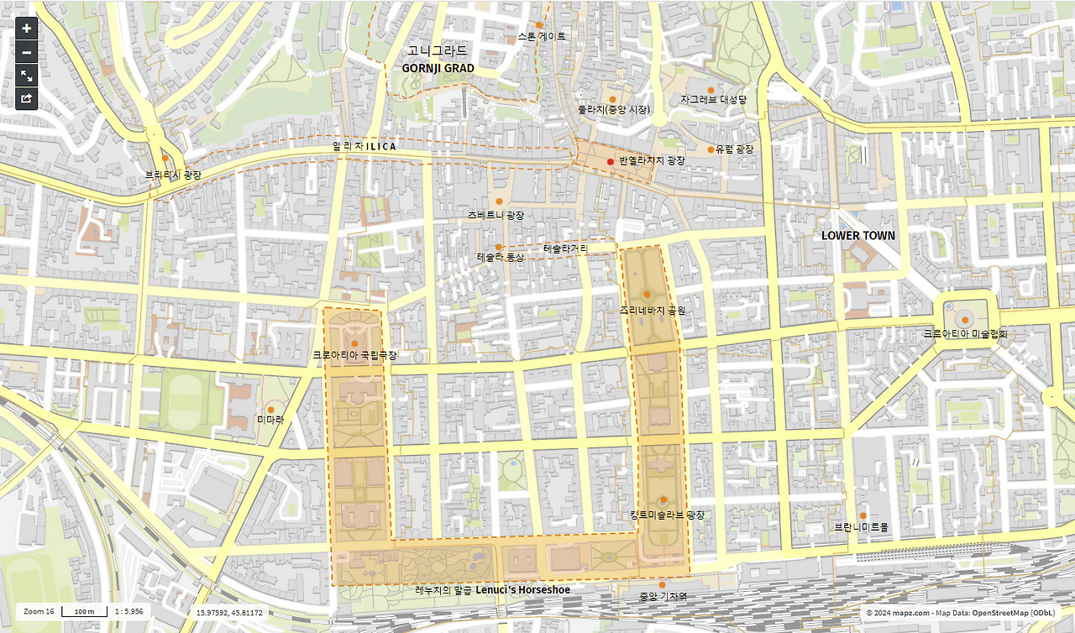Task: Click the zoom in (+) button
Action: (27, 29)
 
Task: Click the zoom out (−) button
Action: (27, 52)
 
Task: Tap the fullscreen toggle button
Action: (27, 76)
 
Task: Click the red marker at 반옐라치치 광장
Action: (611, 161)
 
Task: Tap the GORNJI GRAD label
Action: (438, 68)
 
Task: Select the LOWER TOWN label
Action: (857, 236)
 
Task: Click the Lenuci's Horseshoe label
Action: (522, 590)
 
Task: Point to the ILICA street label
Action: (380, 147)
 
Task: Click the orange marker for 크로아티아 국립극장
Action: (355, 343)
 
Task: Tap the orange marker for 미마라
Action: (270, 410)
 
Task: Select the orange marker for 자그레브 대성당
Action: (711, 90)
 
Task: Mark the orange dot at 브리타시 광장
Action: (165, 158)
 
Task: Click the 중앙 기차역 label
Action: (663, 597)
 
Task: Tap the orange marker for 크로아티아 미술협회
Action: (966, 321)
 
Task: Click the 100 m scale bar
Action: (84, 611)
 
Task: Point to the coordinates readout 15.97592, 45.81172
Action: (229, 613)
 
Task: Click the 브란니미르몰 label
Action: (861, 527)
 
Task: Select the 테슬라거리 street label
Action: (565, 248)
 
